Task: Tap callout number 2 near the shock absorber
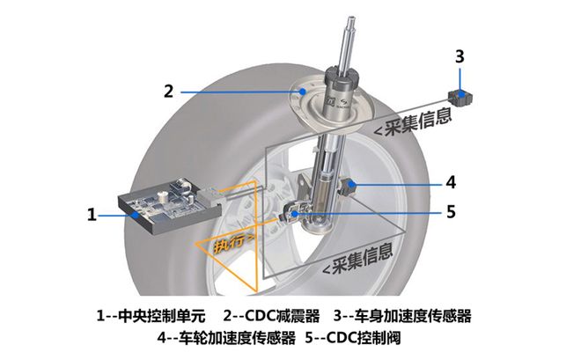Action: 169,90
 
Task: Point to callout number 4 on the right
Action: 451,183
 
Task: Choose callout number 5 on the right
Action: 451,211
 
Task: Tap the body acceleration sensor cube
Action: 459,95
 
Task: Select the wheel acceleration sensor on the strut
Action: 347,187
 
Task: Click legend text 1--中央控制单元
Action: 151,315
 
